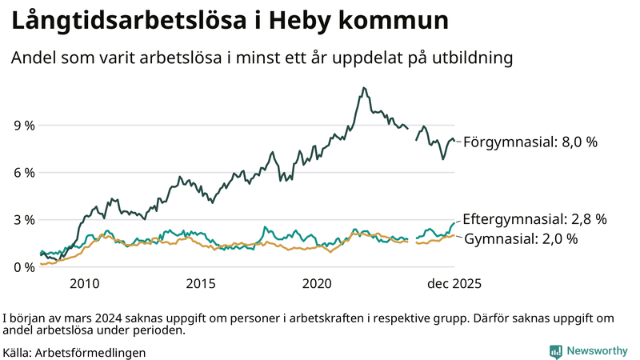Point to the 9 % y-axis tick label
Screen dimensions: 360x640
click(24, 126)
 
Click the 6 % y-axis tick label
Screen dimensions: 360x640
click(24, 173)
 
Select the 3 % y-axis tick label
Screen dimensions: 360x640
click(24, 220)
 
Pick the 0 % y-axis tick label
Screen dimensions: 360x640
click(24, 267)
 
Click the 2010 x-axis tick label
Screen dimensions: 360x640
click(85, 283)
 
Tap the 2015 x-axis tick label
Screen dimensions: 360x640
click(201, 283)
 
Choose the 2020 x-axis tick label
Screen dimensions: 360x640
click(317, 283)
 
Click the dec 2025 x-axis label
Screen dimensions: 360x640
click(454, 283)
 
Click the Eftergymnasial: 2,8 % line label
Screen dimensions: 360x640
click(535, 218)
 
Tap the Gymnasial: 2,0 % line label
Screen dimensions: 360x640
click(521, 238)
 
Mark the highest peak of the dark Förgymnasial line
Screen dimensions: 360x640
click(364, 88)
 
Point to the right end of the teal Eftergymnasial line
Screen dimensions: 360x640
click(454, 222)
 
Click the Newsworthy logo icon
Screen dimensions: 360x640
click(555, 351)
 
